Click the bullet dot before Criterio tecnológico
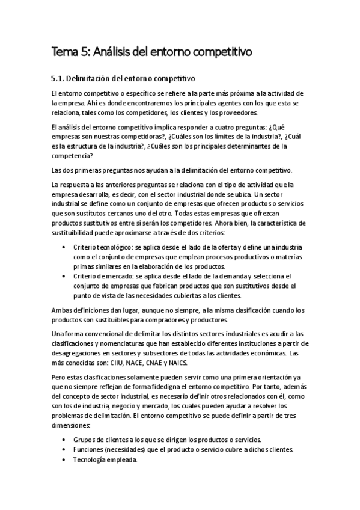pos(64,248)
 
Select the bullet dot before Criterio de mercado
pos(64,276)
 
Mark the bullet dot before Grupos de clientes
pos(64,439)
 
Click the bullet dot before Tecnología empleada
pos(64,460)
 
